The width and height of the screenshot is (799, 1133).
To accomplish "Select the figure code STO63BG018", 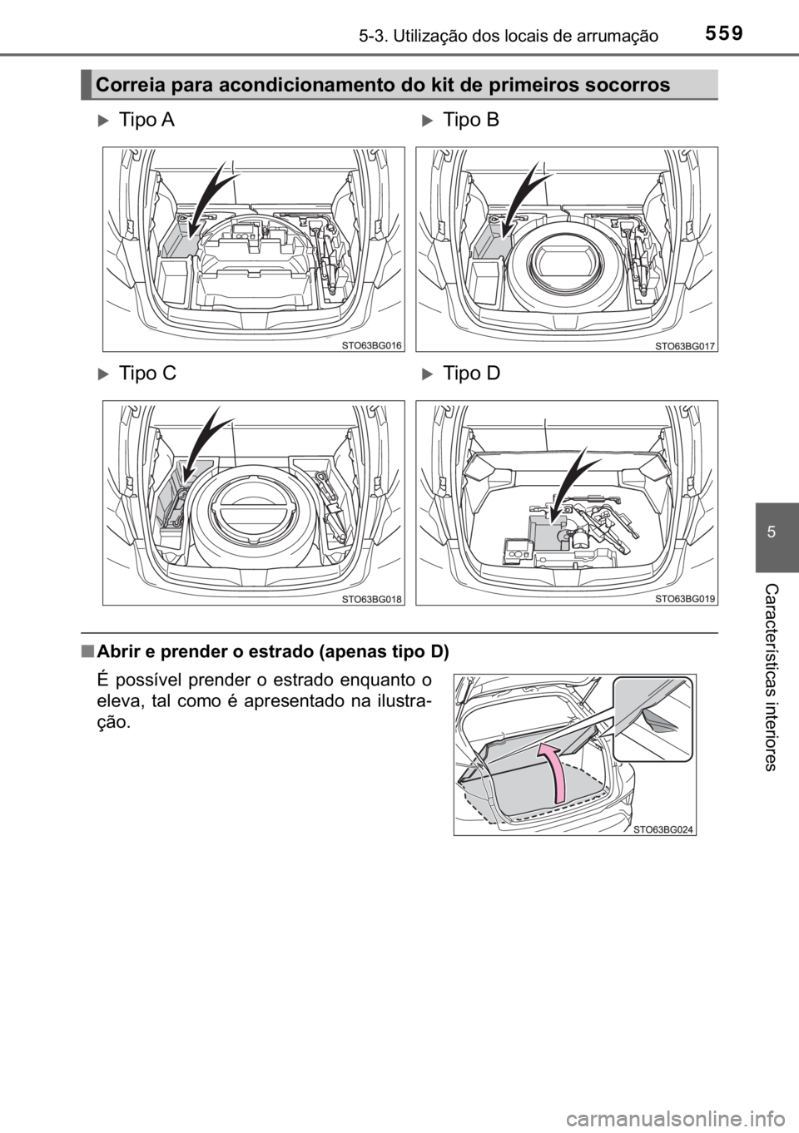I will coord(372,598).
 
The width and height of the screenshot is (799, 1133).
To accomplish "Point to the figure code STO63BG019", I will coord(685,598).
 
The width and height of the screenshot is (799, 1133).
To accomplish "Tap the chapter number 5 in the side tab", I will coord(777,531).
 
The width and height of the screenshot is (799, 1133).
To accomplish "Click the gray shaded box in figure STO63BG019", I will coord(548,531).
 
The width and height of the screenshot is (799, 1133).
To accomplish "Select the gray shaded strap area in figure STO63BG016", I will coord(178,242).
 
